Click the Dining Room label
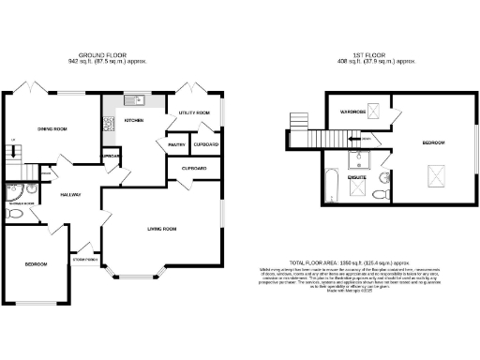tap(52, 128)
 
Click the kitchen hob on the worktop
tap(109, 121)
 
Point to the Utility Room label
tap(191, 112)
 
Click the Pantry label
tap(176, 145)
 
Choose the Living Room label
tap(163, 228)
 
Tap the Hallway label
tap(69, 194)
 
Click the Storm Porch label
tap(84, 259)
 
